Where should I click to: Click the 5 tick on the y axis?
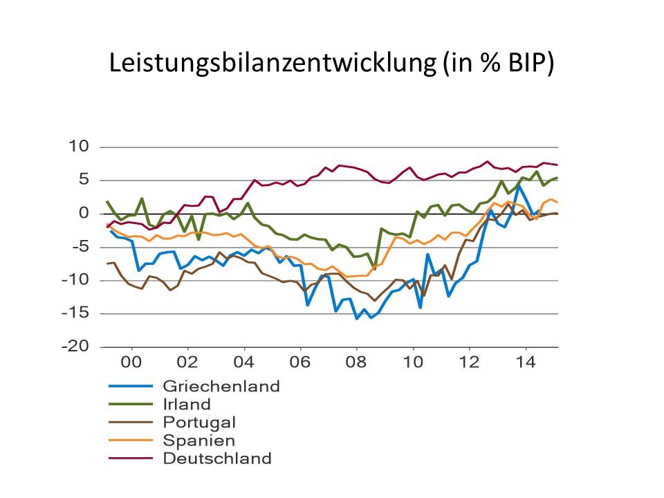click(84, 180)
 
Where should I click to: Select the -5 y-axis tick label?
click(80, 247)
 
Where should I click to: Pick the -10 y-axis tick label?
click(77, 280)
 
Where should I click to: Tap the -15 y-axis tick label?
click(77, 313)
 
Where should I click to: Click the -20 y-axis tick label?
click(77, 347)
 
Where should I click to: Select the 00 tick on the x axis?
click(131, 362)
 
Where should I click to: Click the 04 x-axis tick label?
click(244, 362)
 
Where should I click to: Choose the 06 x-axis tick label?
click(301, 362)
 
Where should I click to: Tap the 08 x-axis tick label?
click(357, 362)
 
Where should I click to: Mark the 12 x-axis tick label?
click(470, 362)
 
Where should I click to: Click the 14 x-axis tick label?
click(526, 362)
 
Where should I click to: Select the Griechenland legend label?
click(221, 386)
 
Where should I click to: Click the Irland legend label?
click(186, 404)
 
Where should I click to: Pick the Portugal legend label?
click(199, 422)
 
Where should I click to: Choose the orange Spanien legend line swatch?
click(131, 440)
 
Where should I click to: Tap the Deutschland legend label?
click(217, 458)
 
